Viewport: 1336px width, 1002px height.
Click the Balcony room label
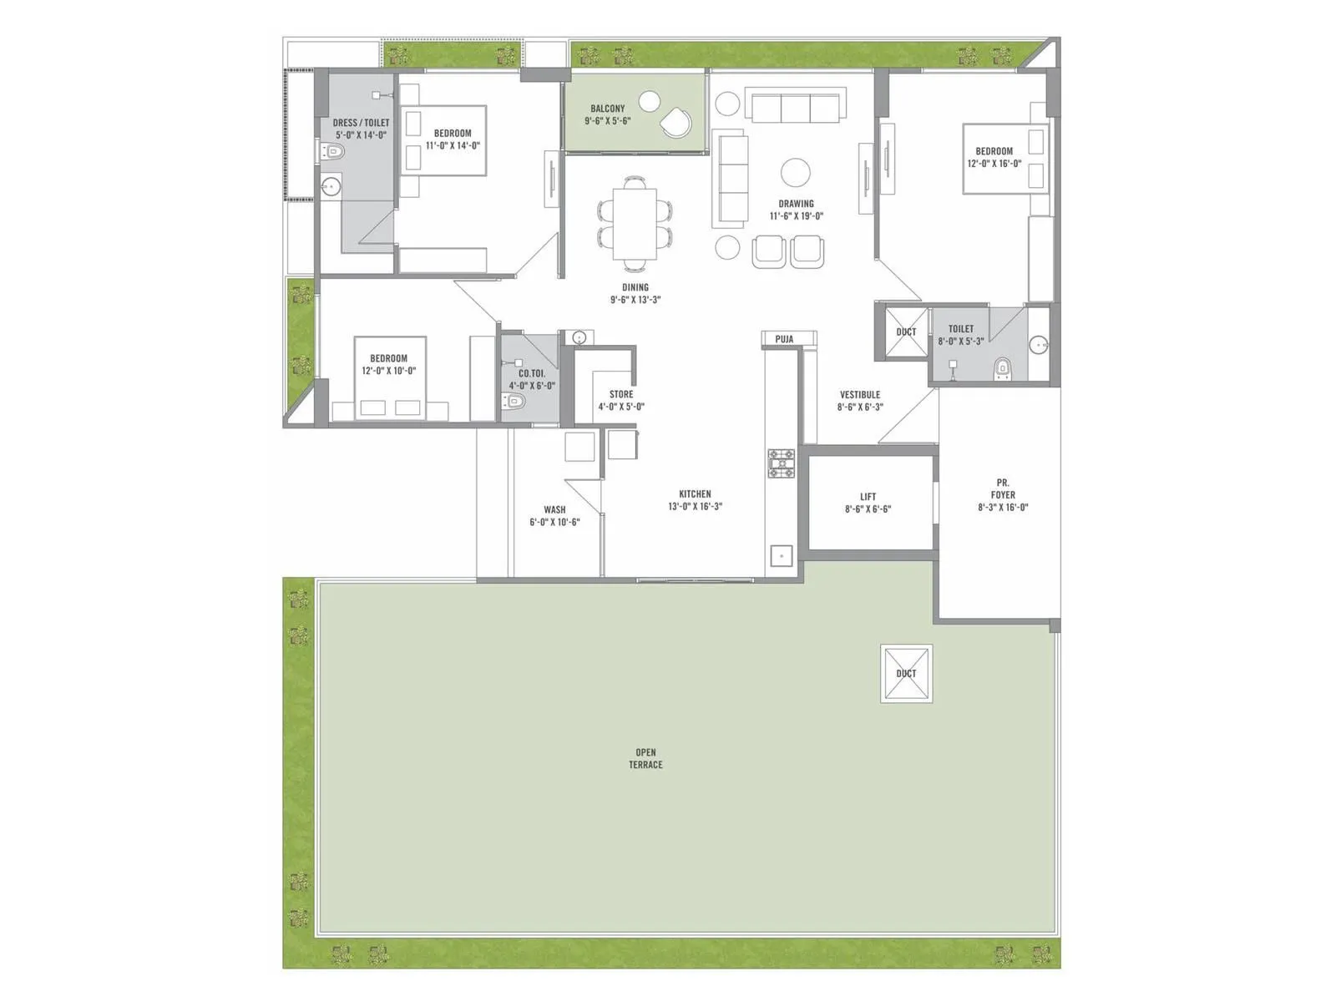607,109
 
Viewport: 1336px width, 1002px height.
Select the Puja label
784,339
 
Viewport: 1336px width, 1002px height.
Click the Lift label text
868,497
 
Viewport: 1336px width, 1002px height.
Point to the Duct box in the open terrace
906,674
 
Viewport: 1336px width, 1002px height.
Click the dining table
635,223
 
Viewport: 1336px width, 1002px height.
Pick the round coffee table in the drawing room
796,172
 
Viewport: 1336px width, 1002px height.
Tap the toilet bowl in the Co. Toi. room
513,401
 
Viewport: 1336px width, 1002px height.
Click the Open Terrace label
645,758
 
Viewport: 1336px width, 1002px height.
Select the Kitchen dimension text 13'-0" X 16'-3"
695,506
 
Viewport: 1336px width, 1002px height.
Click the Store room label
621,394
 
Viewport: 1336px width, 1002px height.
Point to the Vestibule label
859,394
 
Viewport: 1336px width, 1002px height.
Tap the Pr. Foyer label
1003,488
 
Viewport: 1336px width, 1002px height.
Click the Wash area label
554,509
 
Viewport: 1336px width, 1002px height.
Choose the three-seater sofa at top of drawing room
795,104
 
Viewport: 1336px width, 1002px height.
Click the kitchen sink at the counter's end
781,555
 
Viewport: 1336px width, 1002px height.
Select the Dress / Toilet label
361,122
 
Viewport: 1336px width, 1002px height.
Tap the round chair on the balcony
676,122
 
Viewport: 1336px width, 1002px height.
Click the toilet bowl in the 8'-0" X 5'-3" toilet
1003,369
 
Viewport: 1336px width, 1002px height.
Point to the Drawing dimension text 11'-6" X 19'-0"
796,216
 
